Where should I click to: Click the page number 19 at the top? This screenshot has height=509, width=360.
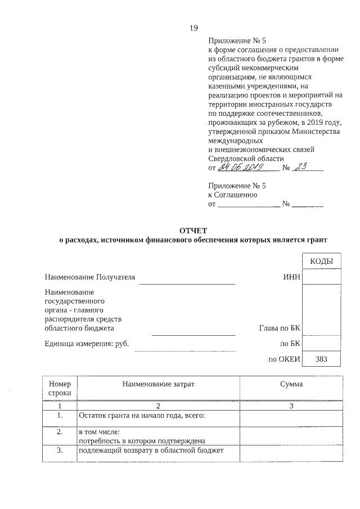click(x=193, y=28)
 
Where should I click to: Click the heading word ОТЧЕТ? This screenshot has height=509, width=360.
click(x=193, y=231)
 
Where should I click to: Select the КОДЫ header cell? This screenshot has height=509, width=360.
click(x=321, y=262)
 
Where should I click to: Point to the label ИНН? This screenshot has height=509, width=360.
click(x=292, y=277)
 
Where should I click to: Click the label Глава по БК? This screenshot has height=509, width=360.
click(x=280, y=328)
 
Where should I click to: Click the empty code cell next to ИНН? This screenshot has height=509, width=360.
click(x=321, y=277)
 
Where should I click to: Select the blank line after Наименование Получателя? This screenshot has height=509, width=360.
click(x=187, y=281)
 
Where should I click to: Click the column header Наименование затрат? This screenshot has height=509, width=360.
click(x=158, y=384)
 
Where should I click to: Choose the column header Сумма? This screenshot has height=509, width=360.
click(x=291, y=384)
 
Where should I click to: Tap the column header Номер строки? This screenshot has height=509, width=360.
click(x=60, y=388)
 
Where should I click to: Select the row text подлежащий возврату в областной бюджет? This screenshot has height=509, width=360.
click(x=151, y=451)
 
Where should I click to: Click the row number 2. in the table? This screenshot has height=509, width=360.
click(x=60, y=432)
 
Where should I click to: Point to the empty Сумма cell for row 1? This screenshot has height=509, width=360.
click(x=291, y=418)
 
